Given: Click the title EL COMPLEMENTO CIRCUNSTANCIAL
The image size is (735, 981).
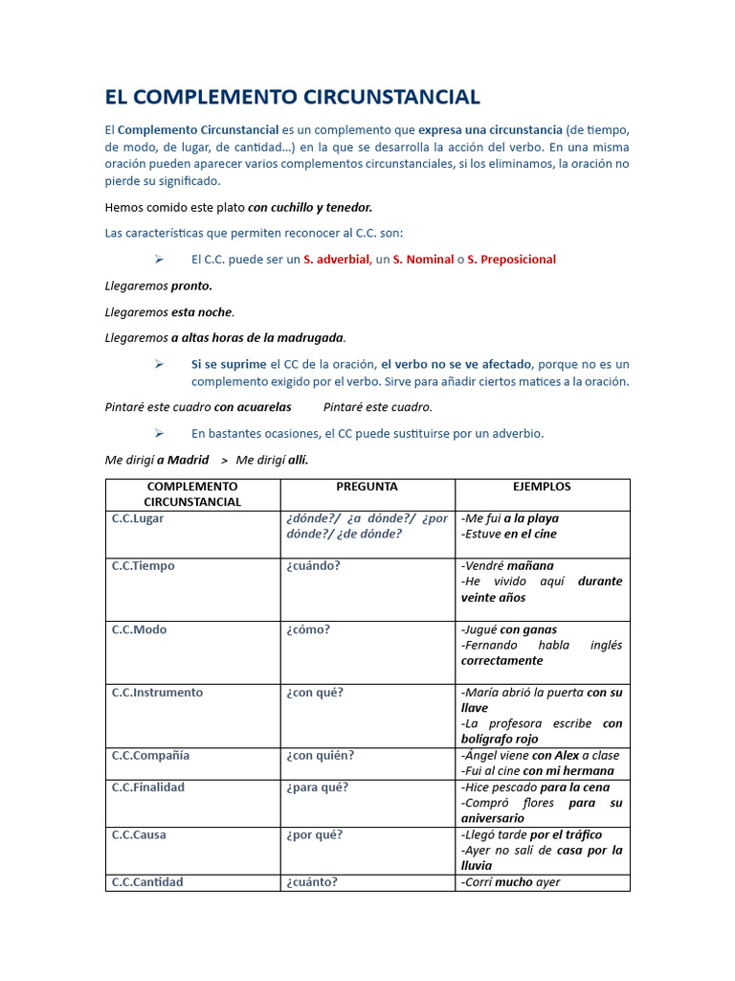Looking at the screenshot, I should tap(292, 97).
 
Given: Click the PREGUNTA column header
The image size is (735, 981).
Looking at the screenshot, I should tap(367, 487).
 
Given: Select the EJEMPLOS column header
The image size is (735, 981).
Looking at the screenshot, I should tap(542, 487).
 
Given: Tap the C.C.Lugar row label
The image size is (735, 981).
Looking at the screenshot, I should tap(138, 518).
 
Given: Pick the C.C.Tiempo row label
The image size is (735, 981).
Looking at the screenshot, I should tap(143, 565).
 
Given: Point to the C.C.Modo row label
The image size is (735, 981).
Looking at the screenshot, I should tap(139, 629).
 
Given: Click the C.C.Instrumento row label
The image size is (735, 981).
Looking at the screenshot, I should tap(157, 692).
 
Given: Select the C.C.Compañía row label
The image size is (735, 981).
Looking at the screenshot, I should tap(150, 755).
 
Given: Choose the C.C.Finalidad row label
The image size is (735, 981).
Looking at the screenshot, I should tap(147, 787).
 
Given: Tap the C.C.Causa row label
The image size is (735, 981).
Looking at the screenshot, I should tap(139, 834).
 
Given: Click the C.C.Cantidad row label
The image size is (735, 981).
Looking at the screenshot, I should tap(146, 881).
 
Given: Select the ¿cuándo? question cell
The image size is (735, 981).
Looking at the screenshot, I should tap(313, 565).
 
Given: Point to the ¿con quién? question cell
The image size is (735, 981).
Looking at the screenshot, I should tap(320, 755).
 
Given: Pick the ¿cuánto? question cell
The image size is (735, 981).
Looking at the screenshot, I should tap(311, 881).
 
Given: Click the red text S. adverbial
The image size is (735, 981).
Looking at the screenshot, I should tap(336, 260).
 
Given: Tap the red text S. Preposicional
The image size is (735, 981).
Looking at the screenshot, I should tap(511, 260).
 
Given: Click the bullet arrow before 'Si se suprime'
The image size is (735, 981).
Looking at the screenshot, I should tap(159, 364).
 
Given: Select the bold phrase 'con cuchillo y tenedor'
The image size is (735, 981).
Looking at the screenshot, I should tap(310, 207).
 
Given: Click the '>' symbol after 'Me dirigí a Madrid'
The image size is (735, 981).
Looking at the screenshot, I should tap(224, 461).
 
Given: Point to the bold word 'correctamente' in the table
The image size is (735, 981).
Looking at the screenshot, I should tap(501, 660).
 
